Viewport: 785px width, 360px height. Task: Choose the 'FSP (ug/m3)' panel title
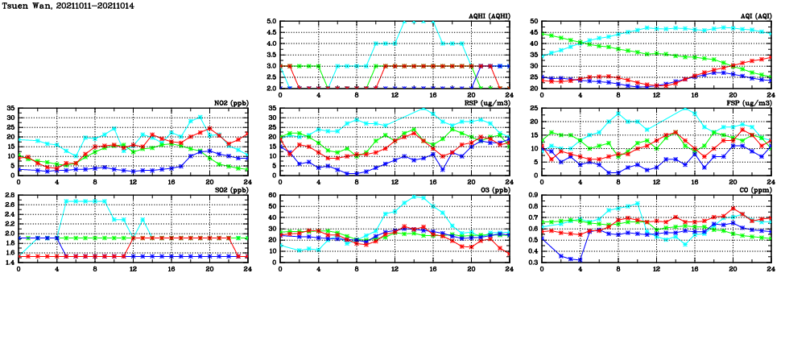(x=753, y=103)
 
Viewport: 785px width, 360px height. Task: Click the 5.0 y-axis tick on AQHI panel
(x=271, y=22)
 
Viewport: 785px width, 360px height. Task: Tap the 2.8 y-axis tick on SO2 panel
(x=9, y=196)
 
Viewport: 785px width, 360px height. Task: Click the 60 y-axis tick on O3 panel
(x=272, y=196)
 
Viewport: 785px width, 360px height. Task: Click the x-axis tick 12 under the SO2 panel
(x=133, y=269)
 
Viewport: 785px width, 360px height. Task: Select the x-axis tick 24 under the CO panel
(x=771, y=269)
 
